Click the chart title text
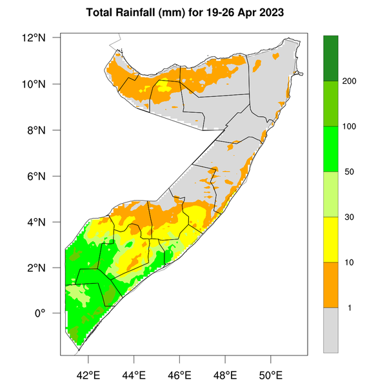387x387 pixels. click(x=193, y=12)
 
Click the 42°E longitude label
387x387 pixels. click(x=88, y=374)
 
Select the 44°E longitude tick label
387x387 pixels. click(x=134, y=374)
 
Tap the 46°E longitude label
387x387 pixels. click(x=179, y=374)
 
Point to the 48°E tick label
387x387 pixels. click(x=225, y=374)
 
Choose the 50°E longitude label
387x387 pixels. click(x=270, y=374)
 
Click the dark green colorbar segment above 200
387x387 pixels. click(x=331, y=58)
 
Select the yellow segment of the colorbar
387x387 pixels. click(x=331, y=239)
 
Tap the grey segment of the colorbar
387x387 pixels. click(x=331, y=330)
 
